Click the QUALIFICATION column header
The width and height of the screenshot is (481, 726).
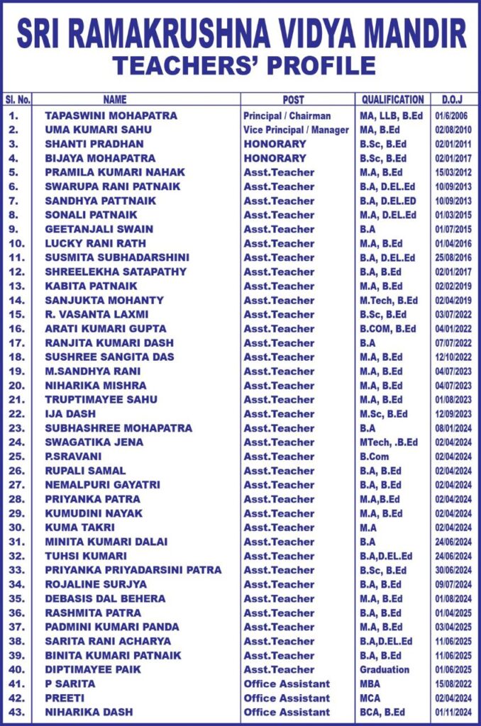(x=392, y=100)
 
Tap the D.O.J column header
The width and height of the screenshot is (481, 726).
(x=453, y=100)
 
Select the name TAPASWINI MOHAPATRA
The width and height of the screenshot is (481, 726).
(x=111, y=116)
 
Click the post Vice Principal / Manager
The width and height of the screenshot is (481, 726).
(x=296, y=130)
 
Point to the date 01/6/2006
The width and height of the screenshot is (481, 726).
(x=453, y=116)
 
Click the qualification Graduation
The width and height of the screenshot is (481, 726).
(x=385, y=669)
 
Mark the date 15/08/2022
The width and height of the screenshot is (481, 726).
(x=453, y=683)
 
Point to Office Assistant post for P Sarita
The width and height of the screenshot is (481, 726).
(x=287, y=683)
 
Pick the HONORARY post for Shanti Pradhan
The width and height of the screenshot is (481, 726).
(x=275, y=144)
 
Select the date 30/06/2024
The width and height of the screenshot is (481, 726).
(x=453, y=570)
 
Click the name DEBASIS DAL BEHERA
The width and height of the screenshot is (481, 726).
(x=105, y=598)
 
